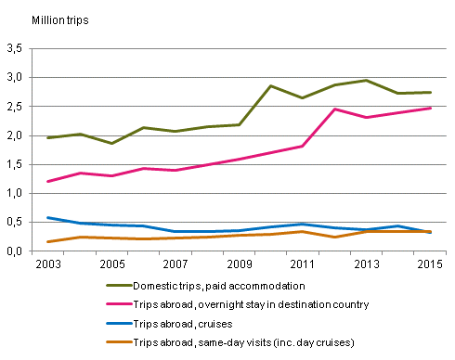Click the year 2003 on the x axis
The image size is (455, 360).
[47, 265]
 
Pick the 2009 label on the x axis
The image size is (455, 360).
[238, 265]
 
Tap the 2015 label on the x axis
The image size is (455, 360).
[427, 265]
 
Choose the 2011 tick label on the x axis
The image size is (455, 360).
[301, 265]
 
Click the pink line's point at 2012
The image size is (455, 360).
[332, 109]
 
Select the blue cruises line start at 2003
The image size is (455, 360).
[47, 218]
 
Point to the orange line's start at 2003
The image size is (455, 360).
[47, 242]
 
